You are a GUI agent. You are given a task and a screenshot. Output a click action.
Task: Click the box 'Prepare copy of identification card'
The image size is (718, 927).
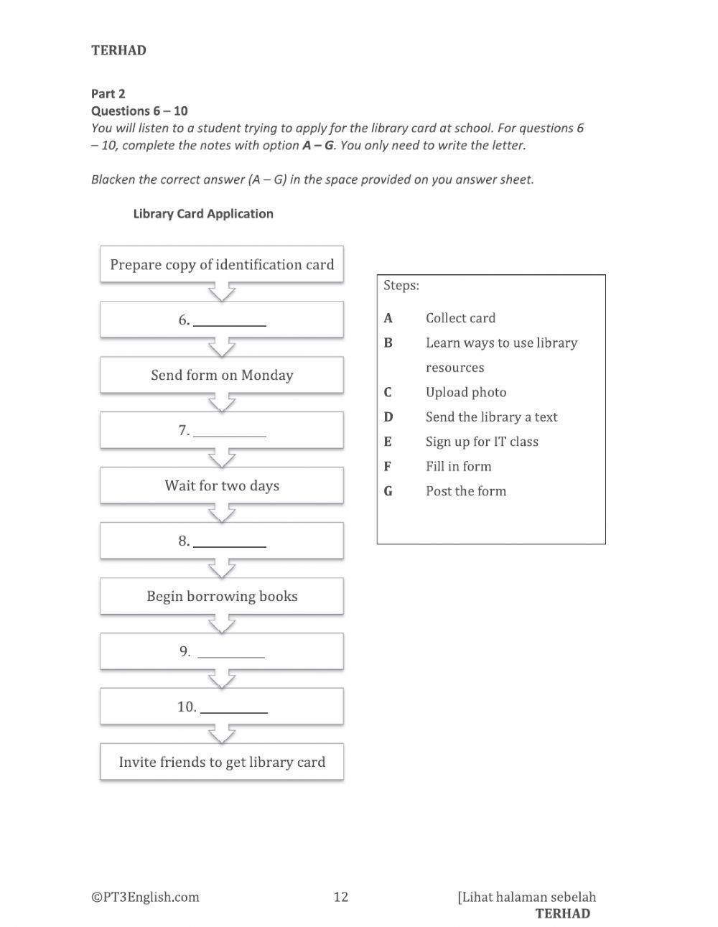[x=222, y=264]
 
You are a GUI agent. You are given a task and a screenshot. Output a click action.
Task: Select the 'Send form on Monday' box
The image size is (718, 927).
[x=222, y=375]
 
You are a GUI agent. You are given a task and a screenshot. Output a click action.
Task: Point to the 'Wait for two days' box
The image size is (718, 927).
[x=222, y=485]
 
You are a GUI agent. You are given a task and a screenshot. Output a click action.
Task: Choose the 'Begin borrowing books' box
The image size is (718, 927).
[x=222, y=596]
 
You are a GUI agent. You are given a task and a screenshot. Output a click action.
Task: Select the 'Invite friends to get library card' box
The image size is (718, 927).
[x=222, y=762]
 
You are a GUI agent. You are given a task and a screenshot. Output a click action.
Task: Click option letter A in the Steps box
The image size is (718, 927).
[x=388, y=318]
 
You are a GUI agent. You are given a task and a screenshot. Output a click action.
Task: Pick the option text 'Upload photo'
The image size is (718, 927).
[x=466, y=392]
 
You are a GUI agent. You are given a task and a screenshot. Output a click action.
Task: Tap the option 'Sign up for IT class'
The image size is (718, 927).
[x=482, y=442]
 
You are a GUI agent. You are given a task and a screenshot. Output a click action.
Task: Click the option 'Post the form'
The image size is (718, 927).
[x=466, y=491]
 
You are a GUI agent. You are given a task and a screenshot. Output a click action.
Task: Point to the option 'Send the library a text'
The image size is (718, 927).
[x=491, y=417]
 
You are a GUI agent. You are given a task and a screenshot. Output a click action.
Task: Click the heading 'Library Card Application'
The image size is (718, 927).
[x=203, y=213]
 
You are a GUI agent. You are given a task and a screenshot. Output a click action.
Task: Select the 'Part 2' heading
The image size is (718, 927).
[x=108, y=93]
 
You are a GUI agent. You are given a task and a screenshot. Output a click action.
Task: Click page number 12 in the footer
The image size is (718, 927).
[x=341, y=896]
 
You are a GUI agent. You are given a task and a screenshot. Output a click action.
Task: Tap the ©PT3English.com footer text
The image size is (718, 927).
[x=145, y=896]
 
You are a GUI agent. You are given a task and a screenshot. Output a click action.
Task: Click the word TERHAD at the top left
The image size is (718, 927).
[x=119, y=50]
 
